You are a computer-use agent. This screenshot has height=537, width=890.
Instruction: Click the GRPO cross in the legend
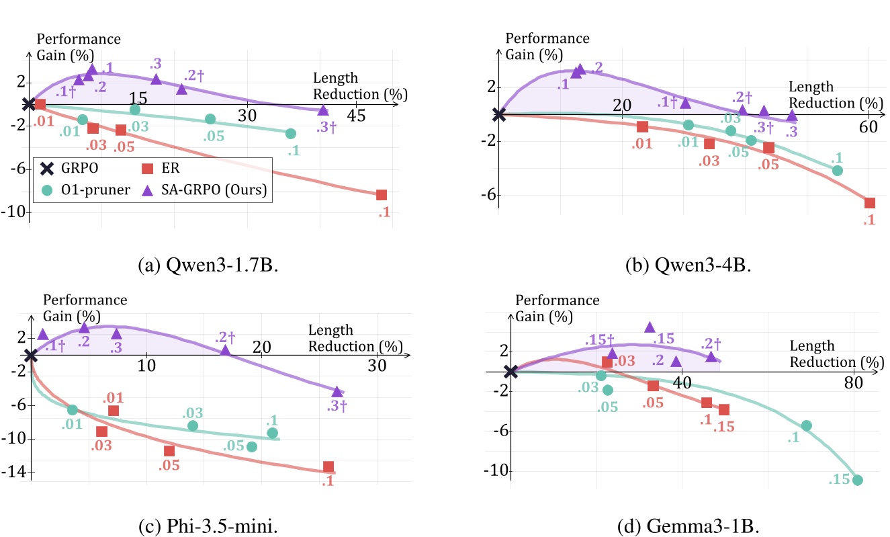pos(48,170)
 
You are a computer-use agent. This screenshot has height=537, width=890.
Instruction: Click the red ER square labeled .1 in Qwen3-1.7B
pos(382,195)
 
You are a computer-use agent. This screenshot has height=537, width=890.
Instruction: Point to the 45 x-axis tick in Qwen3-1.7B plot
pos(356,116)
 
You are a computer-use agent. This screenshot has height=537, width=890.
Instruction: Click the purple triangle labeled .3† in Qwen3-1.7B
pos(323,111)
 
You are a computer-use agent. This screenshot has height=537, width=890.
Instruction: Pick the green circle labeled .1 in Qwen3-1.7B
pos(291,134)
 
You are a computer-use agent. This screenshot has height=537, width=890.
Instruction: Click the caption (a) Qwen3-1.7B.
pos(208,265)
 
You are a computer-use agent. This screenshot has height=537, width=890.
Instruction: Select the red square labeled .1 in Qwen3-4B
pos(870,203)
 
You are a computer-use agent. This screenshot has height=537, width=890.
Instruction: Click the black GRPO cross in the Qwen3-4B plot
pos(498,114)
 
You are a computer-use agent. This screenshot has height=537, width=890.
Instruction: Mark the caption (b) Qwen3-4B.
pos(688,265)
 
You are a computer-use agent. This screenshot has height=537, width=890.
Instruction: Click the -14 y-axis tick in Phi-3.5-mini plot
pos(15,473)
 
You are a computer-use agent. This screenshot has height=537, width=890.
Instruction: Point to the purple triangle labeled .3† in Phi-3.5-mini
pos(337,392)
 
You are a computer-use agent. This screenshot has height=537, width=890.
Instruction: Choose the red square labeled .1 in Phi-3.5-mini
pos(328,466)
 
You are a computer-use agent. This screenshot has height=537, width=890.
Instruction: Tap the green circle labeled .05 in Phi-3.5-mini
pos(252,447)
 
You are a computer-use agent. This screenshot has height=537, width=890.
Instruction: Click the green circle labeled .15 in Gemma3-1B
pos(857,480)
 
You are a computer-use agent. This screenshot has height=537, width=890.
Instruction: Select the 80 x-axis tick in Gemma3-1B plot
pos(853,382)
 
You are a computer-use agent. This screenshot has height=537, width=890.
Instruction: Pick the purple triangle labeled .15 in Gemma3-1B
pos(650,327)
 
